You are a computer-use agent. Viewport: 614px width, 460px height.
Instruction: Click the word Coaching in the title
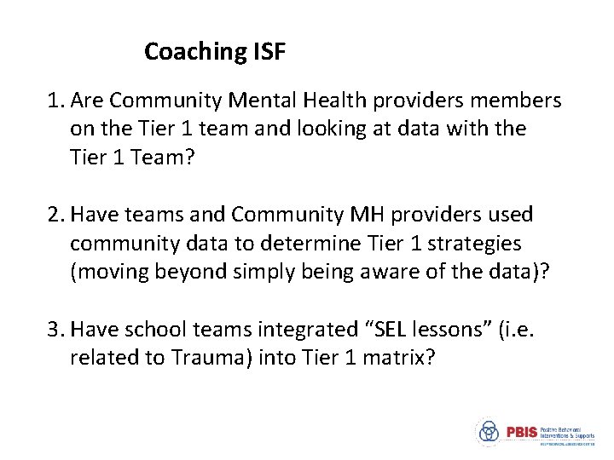pyautogui.click(x=195, y=53)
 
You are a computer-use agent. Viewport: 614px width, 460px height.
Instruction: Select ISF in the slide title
pyautogui.click(x=269, y=52)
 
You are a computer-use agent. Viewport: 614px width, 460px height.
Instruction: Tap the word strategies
pyautogui.click(x=474, y=244)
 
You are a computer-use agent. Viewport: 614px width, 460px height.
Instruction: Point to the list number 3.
pyautogui.click(x=54, y=330)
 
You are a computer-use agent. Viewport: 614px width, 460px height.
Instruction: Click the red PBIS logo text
pyautogui.click(x=521, y=432)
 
